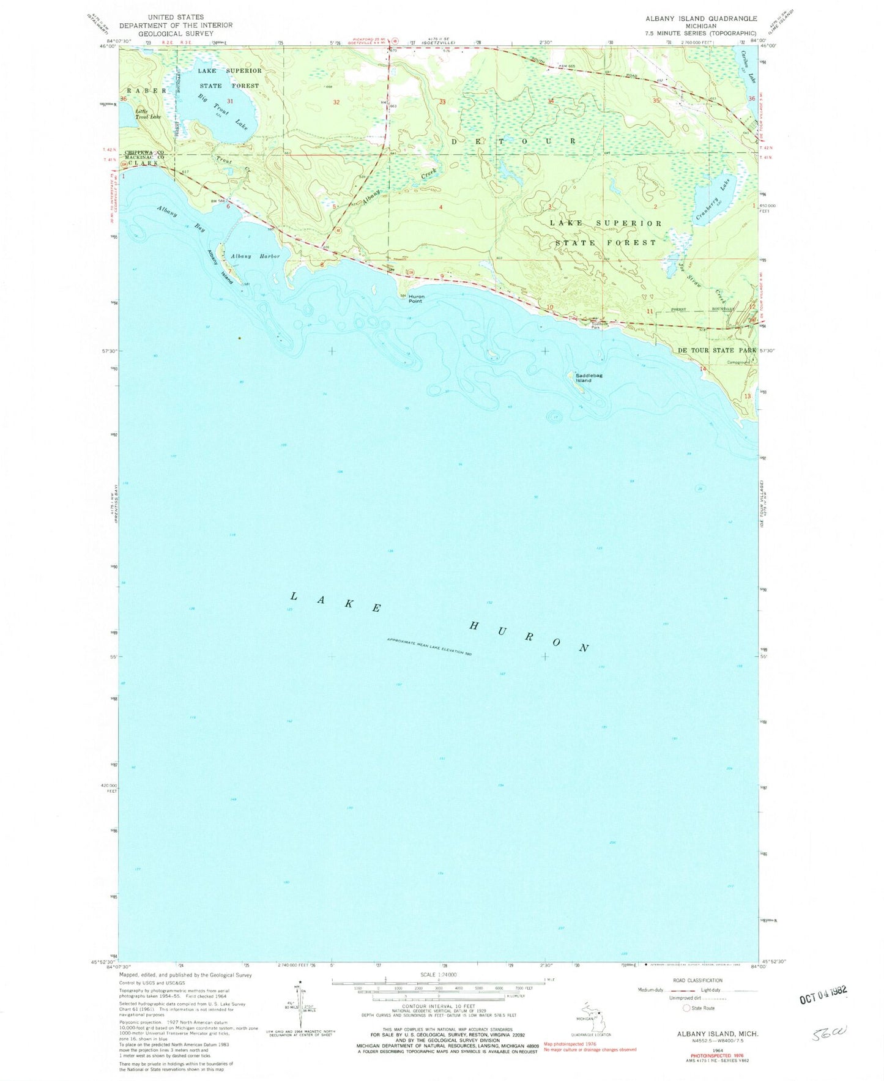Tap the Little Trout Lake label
[x=142, y=114]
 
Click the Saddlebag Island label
[x=583, y=378]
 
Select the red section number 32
[x=336, y=102]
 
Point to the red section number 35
[x=656, y=100]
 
